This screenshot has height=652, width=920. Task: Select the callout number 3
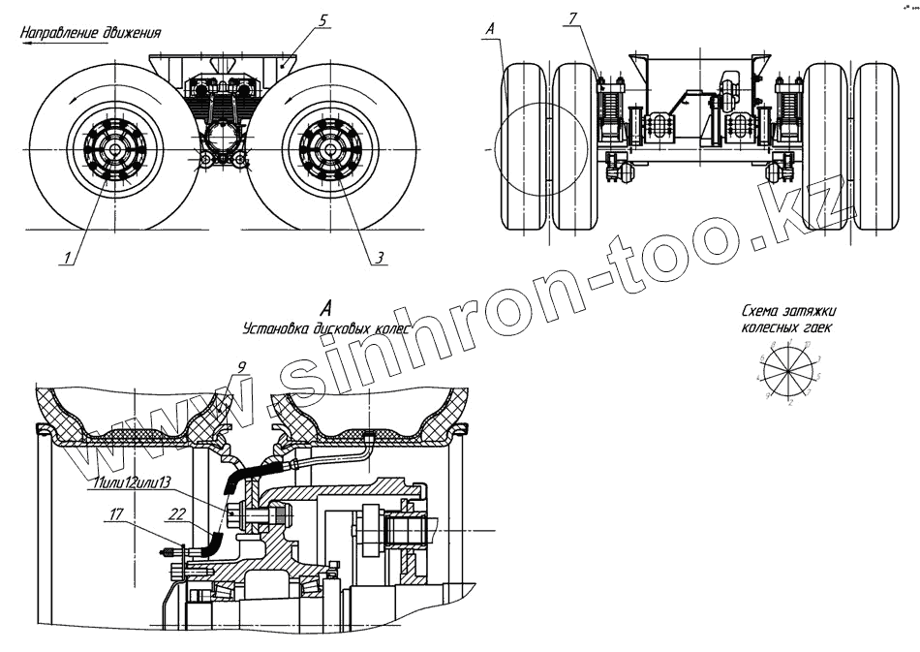(x=381, y=258)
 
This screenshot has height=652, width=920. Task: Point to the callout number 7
(x=574, y=19)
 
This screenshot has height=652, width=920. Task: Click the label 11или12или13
(x=133, y=482)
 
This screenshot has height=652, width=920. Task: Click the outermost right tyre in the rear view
(x=876, y=147)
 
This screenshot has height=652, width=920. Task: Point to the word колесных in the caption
(x=765, y=327)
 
